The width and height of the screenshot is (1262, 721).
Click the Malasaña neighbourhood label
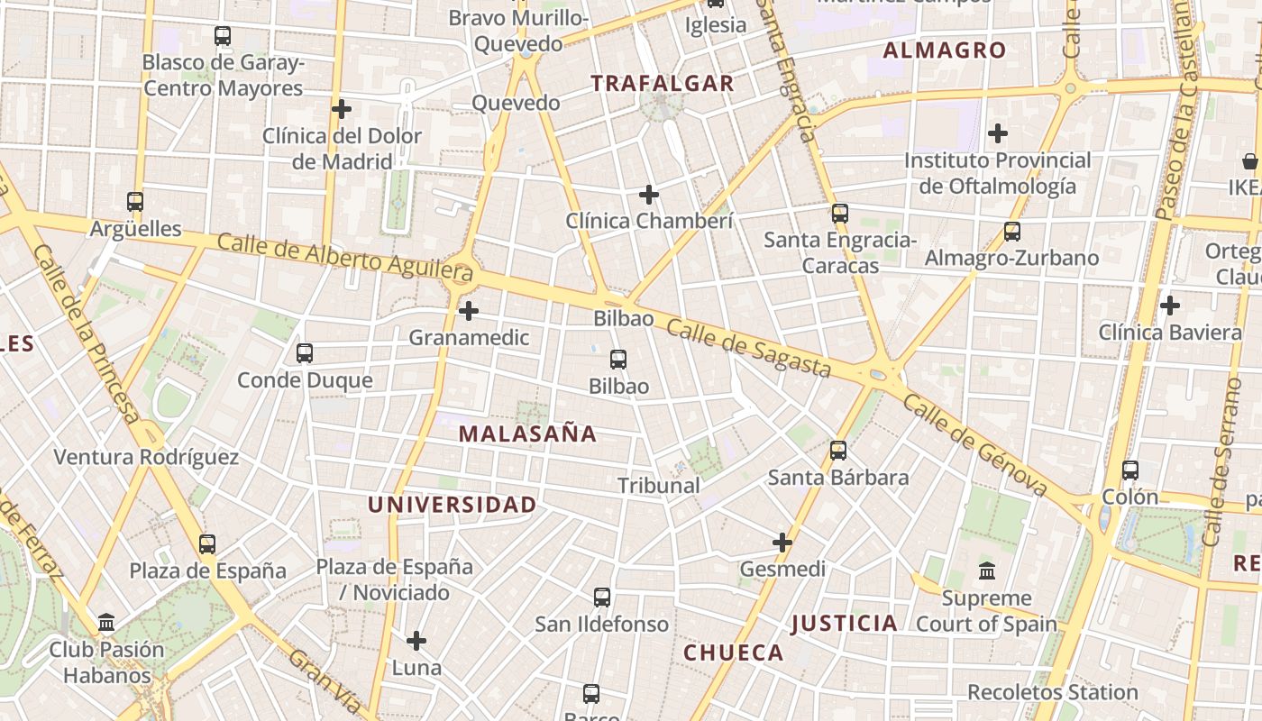[527, 434]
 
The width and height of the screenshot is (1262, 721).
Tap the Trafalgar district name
[663, 84]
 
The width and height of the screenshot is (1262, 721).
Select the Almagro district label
[944, 50]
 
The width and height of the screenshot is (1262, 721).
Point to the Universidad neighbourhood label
[452, 505]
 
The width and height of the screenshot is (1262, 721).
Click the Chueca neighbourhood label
[734, 653]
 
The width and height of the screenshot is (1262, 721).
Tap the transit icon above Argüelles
[135, 202]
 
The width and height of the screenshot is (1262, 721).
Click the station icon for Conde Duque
[305, 353]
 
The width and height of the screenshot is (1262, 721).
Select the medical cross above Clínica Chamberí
[649, 194]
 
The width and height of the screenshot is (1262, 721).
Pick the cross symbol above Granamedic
[469, 311]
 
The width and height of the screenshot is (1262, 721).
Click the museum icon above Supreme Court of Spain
[987, 571]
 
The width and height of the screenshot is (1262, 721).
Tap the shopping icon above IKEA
[1250, 161]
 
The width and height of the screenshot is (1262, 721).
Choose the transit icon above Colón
[1130, 470]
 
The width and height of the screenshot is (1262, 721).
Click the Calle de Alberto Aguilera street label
[345, 255]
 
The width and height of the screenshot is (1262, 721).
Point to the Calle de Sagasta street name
[748, 349]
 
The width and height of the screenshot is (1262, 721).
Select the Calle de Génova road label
[974, 444]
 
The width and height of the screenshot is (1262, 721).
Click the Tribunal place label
[659, 486]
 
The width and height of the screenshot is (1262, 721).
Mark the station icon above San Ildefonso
[602, 597]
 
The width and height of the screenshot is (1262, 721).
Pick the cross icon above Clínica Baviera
[1170, 306]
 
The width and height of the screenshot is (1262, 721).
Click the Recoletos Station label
[1053, 692]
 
